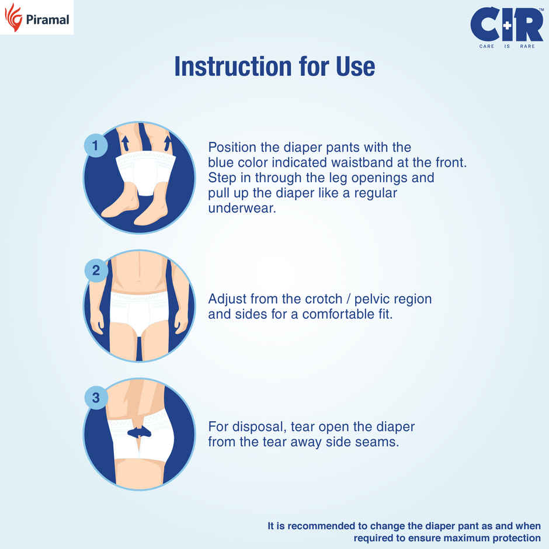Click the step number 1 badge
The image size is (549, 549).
tap(96, 145)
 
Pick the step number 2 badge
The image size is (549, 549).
tap(96, 271)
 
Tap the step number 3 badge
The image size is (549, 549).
tap(96, 398)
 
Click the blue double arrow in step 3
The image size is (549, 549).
tap(139, 432)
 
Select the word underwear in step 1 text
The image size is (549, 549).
tap(241, 208)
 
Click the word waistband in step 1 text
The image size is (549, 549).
tap(355, 162)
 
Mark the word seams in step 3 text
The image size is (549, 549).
tap(377, 442)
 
